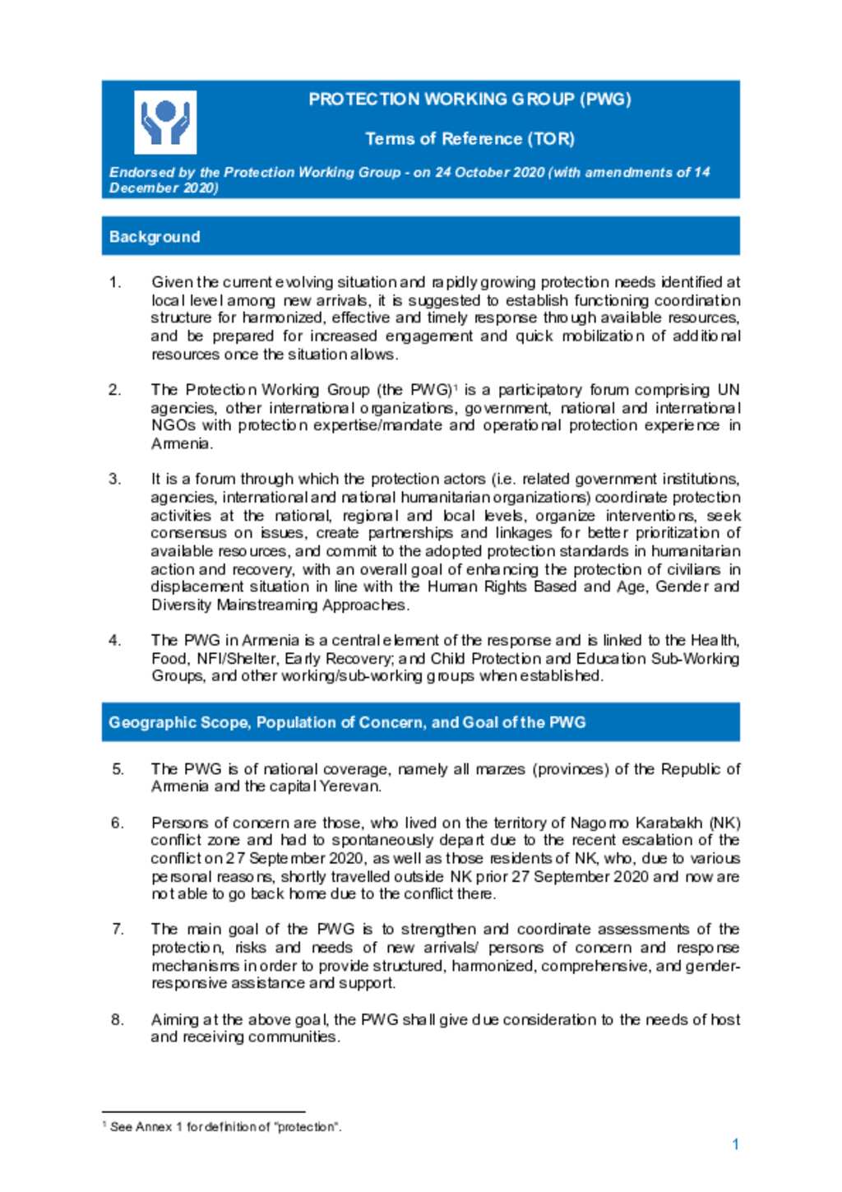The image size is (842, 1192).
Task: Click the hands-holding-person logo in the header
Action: click(x=165, y=123)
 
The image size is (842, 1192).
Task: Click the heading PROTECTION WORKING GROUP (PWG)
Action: click(x=470, y=100)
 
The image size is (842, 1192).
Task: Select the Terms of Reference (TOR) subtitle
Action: click(x=470, y=138)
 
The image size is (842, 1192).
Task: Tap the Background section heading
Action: click(x=155, y=237)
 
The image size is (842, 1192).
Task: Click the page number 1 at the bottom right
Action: click(x=735, y=1144)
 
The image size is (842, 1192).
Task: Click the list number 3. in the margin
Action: click(x=115, y=479)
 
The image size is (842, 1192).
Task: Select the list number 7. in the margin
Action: click(x=118, y=929)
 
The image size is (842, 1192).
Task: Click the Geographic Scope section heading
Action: click(x=347, y=722)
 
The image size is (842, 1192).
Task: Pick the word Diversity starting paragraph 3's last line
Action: click(x=181, y=605)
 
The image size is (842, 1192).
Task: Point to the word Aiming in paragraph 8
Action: click(x=174, y=1019)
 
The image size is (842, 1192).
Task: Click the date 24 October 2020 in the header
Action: click(x=490, y=172)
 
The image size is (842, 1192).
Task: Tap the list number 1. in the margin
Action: click(x=115, y=282)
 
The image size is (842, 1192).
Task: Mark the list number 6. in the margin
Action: click(x=118, y=823)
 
